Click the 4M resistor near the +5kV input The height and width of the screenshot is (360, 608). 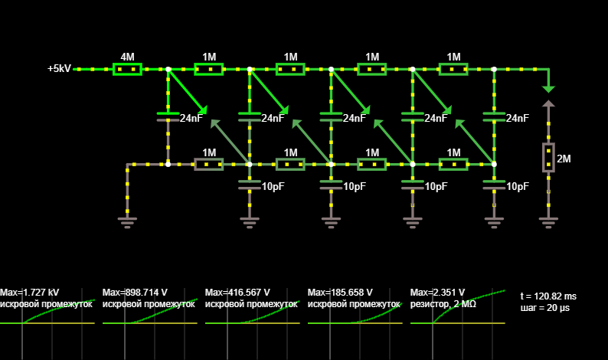click(x=127, y=70)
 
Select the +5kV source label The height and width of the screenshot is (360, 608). click(x=59, y=69)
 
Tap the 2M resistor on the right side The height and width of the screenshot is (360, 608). click(x=548, y=158)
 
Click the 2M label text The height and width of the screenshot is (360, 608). click(x=564, y=159)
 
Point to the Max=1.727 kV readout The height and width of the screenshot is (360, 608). click(x=29, y=293)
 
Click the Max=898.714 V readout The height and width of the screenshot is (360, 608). click(x=135, y=293)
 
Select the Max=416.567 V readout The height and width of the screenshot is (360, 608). click(x=237, y=293)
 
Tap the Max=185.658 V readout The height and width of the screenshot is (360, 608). click(x=340, y=293)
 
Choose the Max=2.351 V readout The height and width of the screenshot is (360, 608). click(x=437, y=293)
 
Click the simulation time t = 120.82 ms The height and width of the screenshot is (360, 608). click(x=548, y=296)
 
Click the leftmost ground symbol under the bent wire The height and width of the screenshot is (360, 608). click(x=127, y=223)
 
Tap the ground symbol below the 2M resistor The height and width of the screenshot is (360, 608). click(x=548, y=223)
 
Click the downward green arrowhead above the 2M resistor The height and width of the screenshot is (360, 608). click(x=548, y=90)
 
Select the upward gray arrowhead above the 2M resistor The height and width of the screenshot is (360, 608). click(x=548, y=103)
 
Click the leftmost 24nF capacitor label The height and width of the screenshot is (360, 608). click(x=191, y=118)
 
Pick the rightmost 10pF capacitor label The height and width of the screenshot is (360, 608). click(x=518, y=187)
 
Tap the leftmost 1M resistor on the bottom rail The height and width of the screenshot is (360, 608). click(x=208, y=165)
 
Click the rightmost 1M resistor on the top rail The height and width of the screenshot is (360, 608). click(x=453, y=70)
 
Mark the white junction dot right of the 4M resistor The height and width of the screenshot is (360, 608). click(x=168, y=70)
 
